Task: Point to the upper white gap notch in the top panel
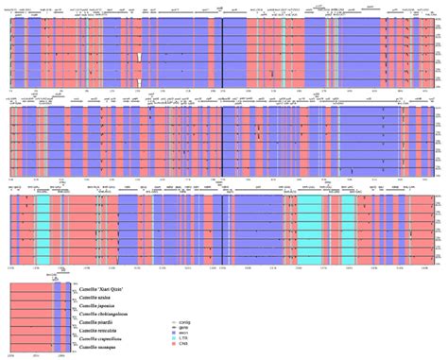139,58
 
